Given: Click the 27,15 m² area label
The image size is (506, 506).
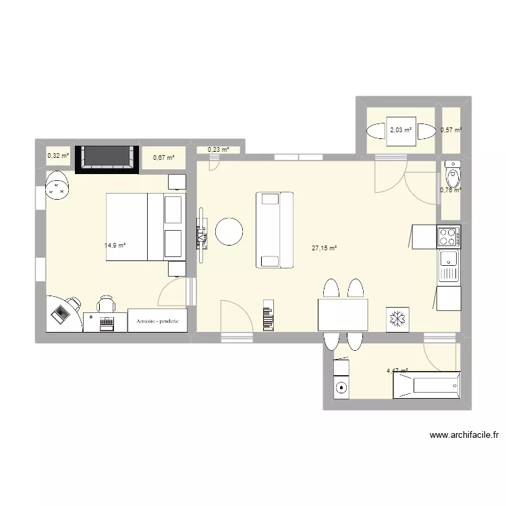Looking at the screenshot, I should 324,248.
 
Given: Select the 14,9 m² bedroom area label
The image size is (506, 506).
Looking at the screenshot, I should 115,246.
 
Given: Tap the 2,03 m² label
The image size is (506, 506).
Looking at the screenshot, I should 400,130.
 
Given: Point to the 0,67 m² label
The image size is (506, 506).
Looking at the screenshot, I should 164,157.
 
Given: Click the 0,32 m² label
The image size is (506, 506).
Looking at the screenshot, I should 58,156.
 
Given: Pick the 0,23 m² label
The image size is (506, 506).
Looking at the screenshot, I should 218,150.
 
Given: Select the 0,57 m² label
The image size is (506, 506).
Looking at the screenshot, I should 451,130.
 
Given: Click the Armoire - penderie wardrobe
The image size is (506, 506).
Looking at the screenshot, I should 157,322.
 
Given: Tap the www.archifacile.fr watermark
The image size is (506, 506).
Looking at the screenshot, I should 463,436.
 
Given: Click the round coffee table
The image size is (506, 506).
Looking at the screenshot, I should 229,231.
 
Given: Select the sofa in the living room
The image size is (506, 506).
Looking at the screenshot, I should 274,229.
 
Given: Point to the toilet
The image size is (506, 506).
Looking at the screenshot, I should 451,175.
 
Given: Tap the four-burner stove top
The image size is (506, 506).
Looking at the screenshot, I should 449,236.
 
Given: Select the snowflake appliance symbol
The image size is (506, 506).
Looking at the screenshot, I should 396,319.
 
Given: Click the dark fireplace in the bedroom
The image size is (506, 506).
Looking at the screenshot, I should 107,159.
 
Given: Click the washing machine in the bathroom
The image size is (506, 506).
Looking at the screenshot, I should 341,387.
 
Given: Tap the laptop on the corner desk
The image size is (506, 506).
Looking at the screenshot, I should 62,313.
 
